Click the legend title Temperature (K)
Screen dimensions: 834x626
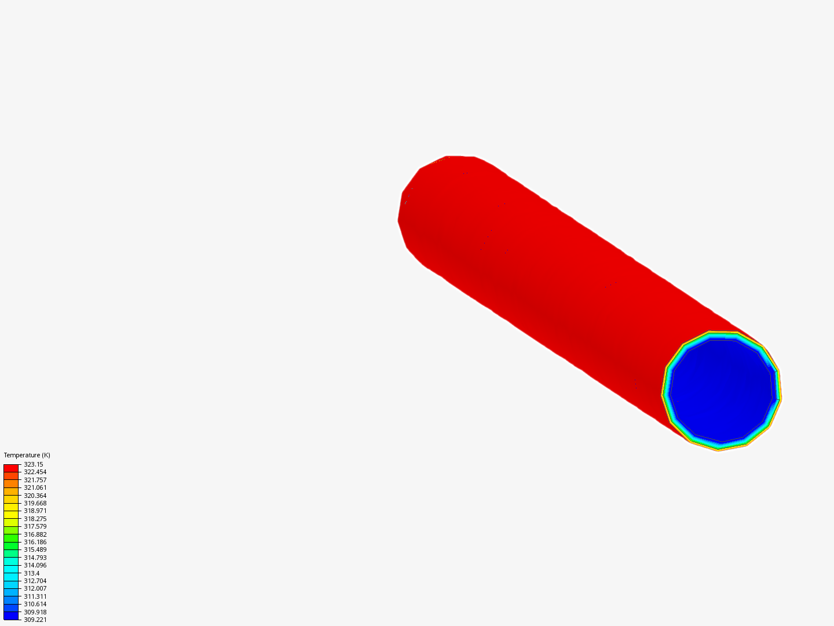(x=27, y=455)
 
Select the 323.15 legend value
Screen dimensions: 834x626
(x=34, y=464)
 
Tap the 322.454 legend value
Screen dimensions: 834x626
(x=35, y=472)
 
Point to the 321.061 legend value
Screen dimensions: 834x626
(x=35, y=487)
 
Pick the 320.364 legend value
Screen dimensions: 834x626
(x=35, y=496)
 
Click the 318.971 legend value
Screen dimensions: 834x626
(x=35, y=511)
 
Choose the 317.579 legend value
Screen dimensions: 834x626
(x=35, y=526)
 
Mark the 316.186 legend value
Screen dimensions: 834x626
(x=35, y=542)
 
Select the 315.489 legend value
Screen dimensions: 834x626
(x=35, y=549)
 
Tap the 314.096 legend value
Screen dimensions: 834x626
(x=35, y=565)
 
